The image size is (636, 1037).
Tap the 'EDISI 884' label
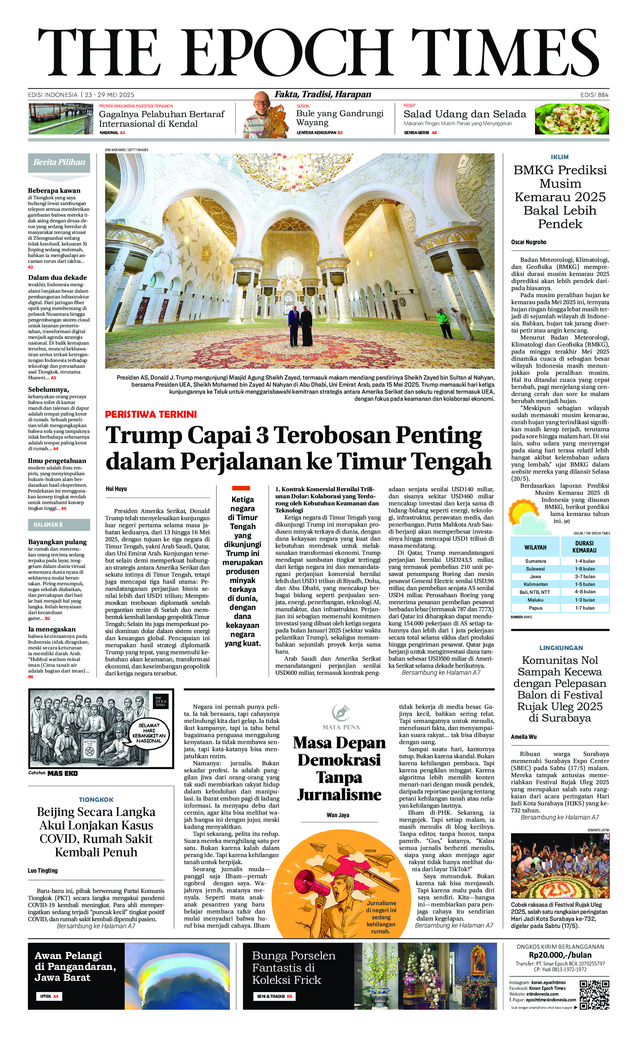[594, 95]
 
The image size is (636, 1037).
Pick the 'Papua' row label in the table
[535, 608]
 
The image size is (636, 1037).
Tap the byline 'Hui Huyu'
[116, 489]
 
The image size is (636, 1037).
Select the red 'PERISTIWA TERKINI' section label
[151, 414]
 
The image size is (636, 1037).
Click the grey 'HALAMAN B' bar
[59, 525]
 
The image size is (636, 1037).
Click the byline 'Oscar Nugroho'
[529, 242]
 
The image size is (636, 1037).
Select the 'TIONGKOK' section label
[96, 800]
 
